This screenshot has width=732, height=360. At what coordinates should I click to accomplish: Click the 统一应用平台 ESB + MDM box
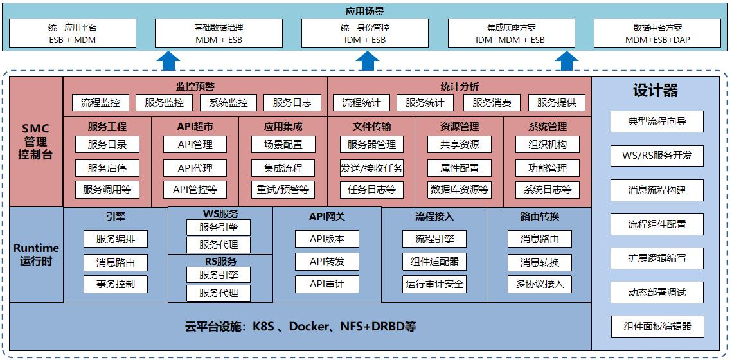tap(73, 33)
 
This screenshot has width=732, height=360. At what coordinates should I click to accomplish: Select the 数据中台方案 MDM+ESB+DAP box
tap(657, 33)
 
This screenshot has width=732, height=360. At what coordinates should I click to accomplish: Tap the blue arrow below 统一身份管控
tap(368, 61)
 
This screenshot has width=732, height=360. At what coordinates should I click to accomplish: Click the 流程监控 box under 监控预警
tap(100, 102)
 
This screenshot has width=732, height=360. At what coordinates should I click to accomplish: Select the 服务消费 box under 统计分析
tap(492, 102)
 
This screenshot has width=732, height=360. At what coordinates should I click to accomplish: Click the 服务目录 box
tap(107, 145)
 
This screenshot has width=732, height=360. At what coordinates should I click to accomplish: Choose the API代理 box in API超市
tap(195, 168)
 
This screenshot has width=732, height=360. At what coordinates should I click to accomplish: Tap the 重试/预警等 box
tap(283, 190)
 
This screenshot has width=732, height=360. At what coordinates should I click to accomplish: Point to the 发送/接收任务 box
tap(371, 168)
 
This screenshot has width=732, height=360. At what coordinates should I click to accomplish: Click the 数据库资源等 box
tap(460, 190)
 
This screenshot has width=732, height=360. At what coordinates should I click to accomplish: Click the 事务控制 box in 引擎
tap(116, 284)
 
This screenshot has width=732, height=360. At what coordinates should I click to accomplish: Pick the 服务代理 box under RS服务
tap(219, 293)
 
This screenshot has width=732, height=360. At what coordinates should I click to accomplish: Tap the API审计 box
tap(327, 284)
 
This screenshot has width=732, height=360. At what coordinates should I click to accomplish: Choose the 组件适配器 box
tap(434, 262)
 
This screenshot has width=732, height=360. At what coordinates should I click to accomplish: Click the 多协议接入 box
tap(539, 284)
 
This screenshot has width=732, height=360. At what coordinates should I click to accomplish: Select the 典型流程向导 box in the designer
tap(657, 122)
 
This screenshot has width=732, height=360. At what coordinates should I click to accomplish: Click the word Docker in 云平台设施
tap(310, 327)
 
